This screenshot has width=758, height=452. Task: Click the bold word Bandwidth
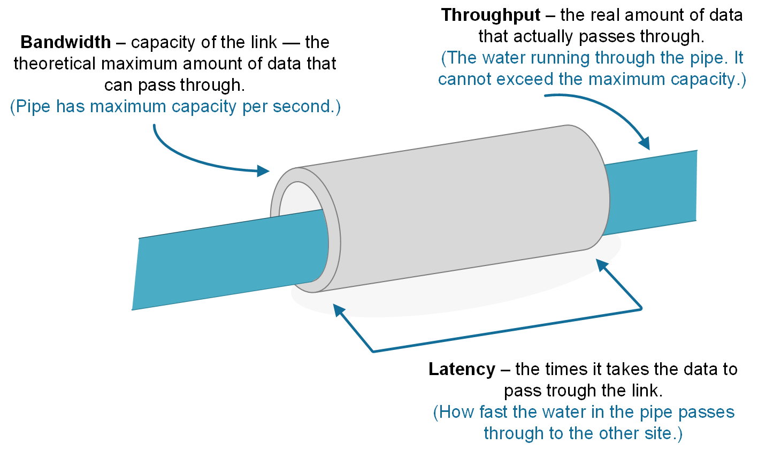point(65,42)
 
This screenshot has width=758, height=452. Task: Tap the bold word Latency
point(462,369)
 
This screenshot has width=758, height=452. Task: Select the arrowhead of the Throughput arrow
point(645,143)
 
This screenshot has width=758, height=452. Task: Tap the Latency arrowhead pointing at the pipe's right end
point(601,264)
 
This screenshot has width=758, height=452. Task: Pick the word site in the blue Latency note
point(660,433)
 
